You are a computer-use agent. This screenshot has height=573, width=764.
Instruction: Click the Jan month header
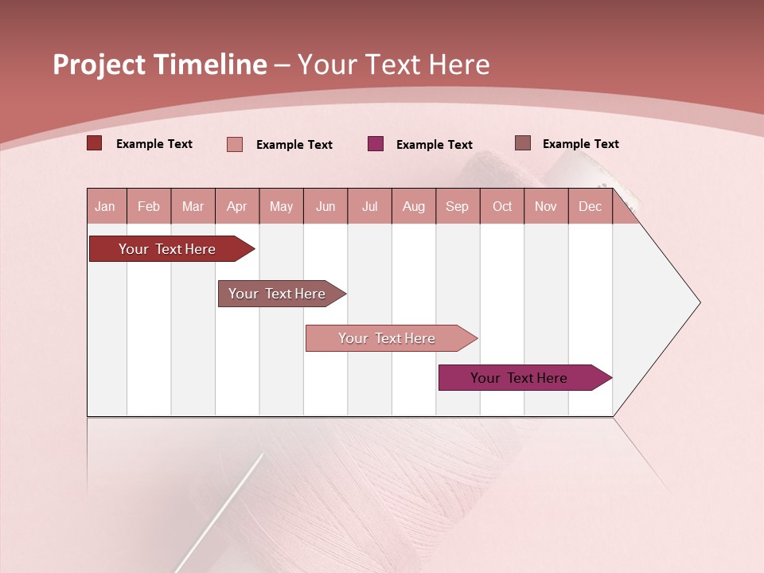pyautogui.click(x=105, y=206)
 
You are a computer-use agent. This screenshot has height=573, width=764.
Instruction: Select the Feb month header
pyautogui.click(x=149, y=206)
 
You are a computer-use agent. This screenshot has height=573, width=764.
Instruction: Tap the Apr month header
pyautogui.click(x=236, y=206)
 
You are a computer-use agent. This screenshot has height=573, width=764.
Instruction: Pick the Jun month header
pyautogui.click(x=325, y=206)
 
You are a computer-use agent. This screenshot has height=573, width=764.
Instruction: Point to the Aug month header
pyautogui.click(x=413, y=206)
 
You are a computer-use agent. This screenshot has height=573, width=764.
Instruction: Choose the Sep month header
pyautogui.click(x=457, y=206)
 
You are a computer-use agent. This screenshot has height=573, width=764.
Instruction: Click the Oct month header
pyautogui.click(x=502, y=206)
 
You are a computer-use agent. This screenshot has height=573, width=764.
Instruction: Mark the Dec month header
pyautogui.click(x=590, y=206)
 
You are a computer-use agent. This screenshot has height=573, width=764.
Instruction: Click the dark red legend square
pyautogui.click(x=95, y=143)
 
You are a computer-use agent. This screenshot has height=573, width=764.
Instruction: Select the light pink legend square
pyautogui.click(x=235, y=144)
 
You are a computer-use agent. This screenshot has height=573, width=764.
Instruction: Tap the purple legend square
pyautogui.click(x=376, y=144)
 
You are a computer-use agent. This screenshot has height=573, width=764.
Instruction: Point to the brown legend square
pyautogui.click(x=523, y=143)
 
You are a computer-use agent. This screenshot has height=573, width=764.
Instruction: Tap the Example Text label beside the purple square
pyautogui.click(x=434, y=145)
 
